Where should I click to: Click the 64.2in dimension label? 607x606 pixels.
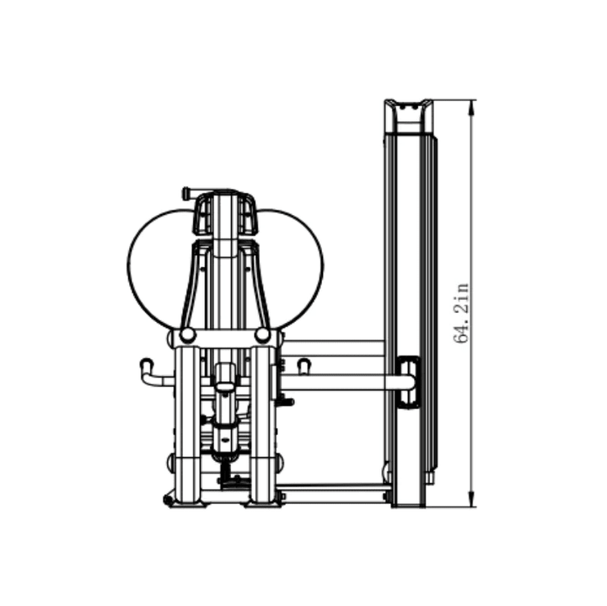460,314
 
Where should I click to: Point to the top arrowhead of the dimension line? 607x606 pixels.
471,108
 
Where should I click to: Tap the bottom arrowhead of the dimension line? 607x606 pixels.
471,499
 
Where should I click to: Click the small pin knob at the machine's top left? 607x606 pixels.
185,193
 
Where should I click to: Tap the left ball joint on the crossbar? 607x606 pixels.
187,335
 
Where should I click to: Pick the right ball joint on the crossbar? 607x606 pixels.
263,335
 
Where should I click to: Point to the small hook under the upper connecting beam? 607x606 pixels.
303,366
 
